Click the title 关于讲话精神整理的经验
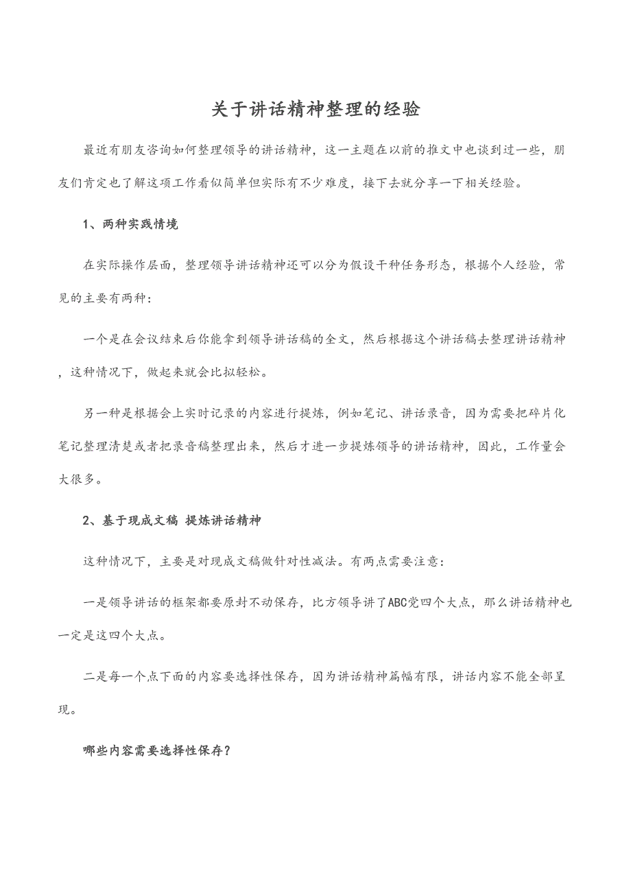[315, 110]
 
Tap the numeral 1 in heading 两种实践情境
[86, 225]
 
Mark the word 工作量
[534, 446]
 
